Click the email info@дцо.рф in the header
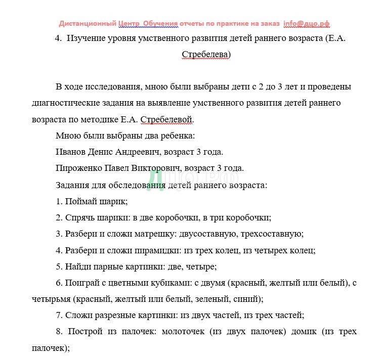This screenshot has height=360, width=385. (x=307, y=23)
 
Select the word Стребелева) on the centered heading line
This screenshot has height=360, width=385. (x=206, y=55)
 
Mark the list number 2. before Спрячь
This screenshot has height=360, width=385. (x=59, y=217)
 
